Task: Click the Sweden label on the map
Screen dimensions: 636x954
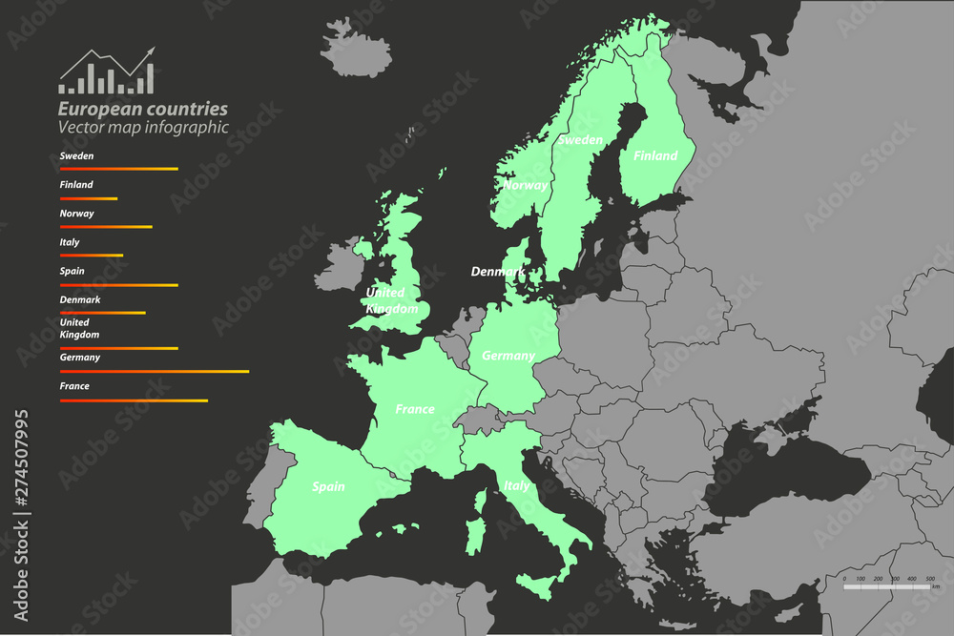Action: [580, 140]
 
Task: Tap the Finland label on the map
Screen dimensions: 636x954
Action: [655, 155]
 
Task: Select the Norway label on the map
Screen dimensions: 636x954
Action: [526, 185]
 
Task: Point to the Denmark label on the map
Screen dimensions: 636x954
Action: [498, 272]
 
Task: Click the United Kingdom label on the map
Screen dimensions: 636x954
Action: [392, 300]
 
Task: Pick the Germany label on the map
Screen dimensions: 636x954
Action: [508, 356]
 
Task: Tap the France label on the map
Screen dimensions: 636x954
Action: [415, 409]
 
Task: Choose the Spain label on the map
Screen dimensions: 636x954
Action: [328, 486]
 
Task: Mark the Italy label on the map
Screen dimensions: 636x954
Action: [516, 485]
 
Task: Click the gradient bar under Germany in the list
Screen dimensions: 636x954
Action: [154, 371]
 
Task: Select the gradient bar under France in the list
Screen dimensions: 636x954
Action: [134, 400]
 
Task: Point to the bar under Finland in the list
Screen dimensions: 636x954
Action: [89, 198]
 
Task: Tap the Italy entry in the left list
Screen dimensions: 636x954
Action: [70, 242]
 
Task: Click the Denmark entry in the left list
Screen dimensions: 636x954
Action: [80, 299]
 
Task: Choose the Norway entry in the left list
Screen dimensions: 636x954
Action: [76, 214]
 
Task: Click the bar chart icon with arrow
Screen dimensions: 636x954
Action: [107, 72]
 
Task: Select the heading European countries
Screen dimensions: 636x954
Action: [143, 109]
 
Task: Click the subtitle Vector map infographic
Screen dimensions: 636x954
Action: [143, 127]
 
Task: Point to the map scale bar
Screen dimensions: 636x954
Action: [889, 586]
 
